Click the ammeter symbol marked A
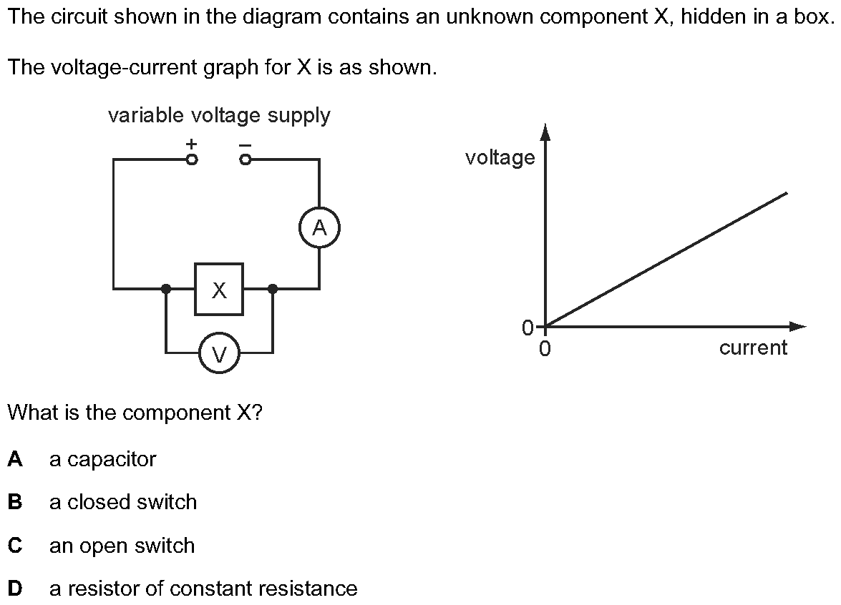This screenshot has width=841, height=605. [319, 228]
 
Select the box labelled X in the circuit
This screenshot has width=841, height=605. [219, 289]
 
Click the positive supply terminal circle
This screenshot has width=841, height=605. [191, 160]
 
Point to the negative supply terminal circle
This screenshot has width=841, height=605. [246, 160]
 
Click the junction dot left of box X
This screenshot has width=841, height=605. [166, 289]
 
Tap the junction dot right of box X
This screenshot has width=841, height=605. [272, 289]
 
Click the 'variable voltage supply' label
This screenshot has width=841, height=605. [219, 115]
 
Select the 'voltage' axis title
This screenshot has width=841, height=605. [500, 157]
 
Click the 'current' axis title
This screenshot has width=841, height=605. [753, 348]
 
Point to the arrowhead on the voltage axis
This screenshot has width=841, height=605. [545, 130]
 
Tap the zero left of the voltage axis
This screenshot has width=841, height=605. [528, 328]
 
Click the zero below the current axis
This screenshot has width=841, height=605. [545, 349]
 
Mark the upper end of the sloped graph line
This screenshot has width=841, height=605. [787, 192]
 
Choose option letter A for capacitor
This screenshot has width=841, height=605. [15, 459]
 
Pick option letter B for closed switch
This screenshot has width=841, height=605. [15, 502]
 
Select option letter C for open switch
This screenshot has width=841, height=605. [15, 546]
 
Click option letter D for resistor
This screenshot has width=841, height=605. [15, 589]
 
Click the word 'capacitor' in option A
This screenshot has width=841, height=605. [111, 459]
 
